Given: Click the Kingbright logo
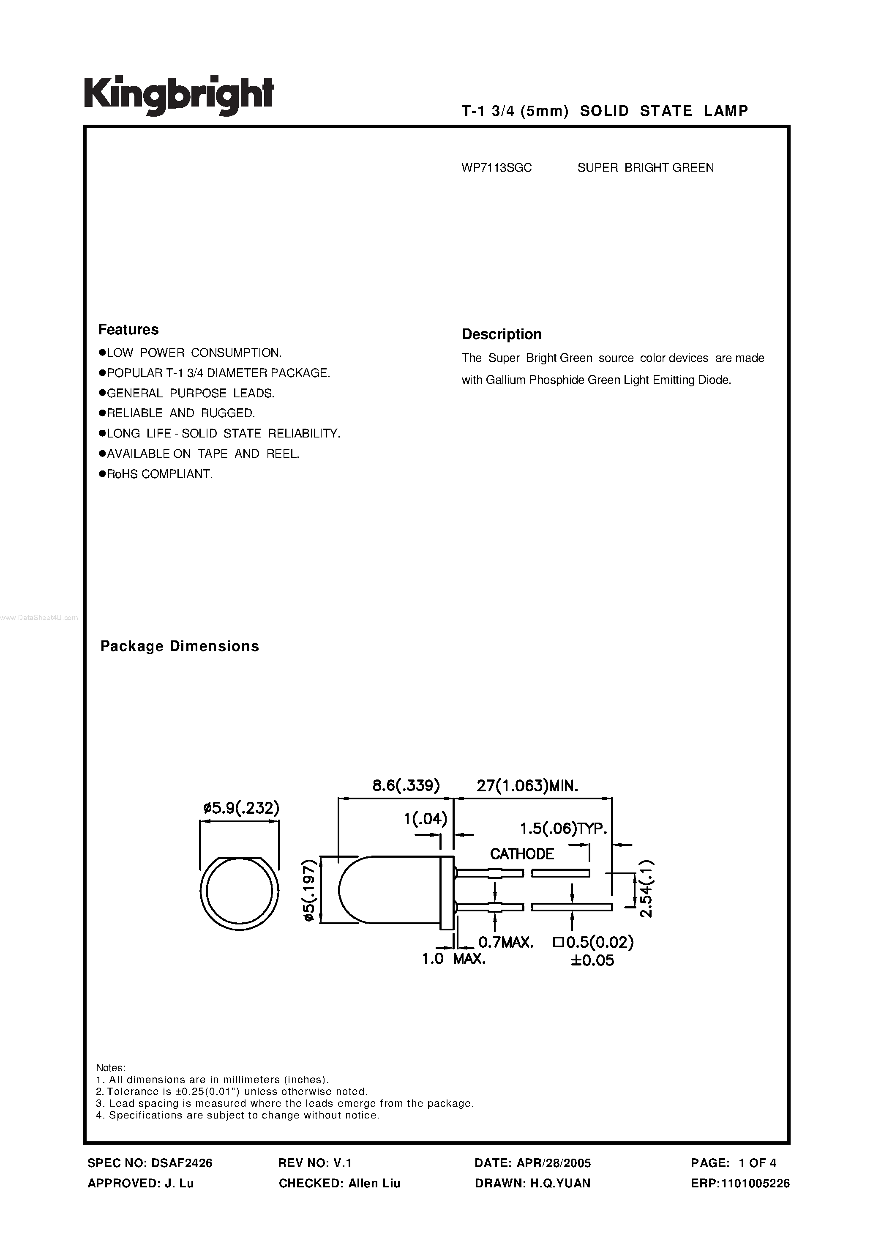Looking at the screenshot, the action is [x=179, y=95].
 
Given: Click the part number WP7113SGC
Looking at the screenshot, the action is [x=496, y=168].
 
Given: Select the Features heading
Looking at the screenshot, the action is [x=128, y=329].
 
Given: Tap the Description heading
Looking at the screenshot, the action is [x=502, y=334].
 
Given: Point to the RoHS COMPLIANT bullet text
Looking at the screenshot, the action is [x=160, y=474].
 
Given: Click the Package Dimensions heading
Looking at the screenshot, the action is [x=180, y=646].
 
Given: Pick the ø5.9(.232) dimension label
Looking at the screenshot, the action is [x=240, y=808].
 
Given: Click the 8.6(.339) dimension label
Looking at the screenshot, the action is [x=406, y=785].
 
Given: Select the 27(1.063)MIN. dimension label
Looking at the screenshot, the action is [x=527, y=786].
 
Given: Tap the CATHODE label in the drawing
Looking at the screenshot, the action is [x=521, y=854].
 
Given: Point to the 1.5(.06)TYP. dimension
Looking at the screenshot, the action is [x=563, y=828].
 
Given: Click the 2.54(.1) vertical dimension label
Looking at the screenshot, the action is [x=647, y=889].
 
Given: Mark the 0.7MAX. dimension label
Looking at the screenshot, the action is [x=506, y=942].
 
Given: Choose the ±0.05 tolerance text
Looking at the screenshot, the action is [x=592, y=960].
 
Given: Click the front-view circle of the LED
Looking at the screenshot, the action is [x=240, y=893].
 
